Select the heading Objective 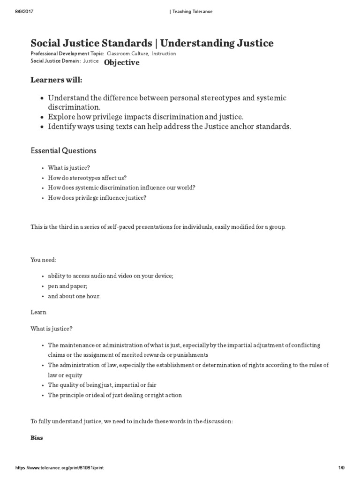click(x=121, y=62)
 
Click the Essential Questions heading click(x=63, y=150)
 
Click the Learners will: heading click(x=56, y=80)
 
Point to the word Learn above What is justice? click(x=38, y=312)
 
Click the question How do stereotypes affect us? click(x=87, y=178)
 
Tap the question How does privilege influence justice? click(x=97, y=198)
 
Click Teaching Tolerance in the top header click(x=191, y=12)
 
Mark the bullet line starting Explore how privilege click(x=146, y=117)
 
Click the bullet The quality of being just click(x=102, y=385)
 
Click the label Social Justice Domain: click(x=52, y=61)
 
